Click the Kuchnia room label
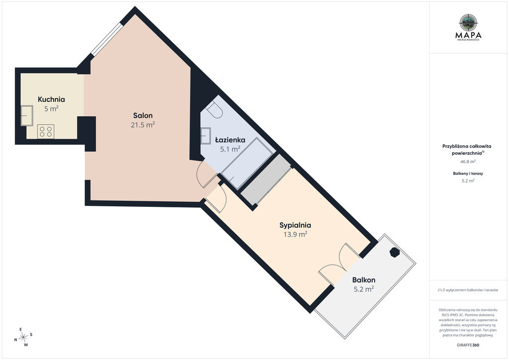pos(51,99)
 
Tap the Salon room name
pos(143,115)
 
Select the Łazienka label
pos(230,140)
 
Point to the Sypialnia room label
pos(295,225)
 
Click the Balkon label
pos(363,280)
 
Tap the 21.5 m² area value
pos(143,125)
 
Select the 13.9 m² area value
pos(295,234)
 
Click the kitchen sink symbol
pos(27,115)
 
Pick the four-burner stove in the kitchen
pos(45,131)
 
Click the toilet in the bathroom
pos(215,109)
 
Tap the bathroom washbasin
pos(206,136)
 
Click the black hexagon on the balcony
pos(394,252)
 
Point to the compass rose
pos(23,337)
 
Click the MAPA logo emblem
pos(468,22)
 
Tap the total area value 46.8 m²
pos(468,161)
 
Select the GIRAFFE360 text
pos(468,345)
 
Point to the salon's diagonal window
pos(106,39)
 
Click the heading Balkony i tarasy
pos(468,174)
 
